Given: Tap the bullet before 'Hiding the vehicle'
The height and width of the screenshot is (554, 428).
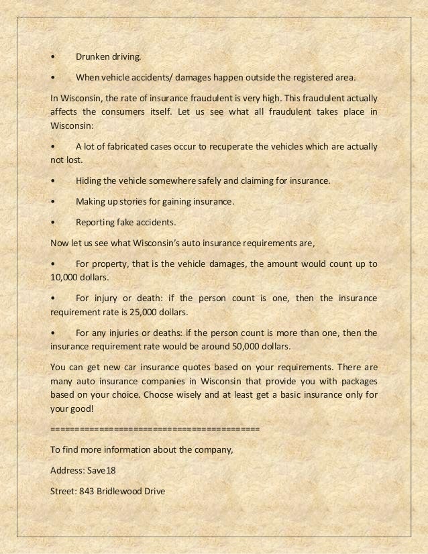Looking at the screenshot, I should pos(53,181).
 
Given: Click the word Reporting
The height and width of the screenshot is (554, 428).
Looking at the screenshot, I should pos(95,222).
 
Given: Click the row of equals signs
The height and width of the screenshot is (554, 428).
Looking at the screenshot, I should pos(155,428).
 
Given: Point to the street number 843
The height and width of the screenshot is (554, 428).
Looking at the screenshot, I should pos(86,491).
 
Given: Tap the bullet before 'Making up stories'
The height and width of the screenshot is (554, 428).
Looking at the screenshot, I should pos(53,201).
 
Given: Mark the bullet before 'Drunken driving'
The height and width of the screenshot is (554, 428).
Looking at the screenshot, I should pos(53,58).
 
